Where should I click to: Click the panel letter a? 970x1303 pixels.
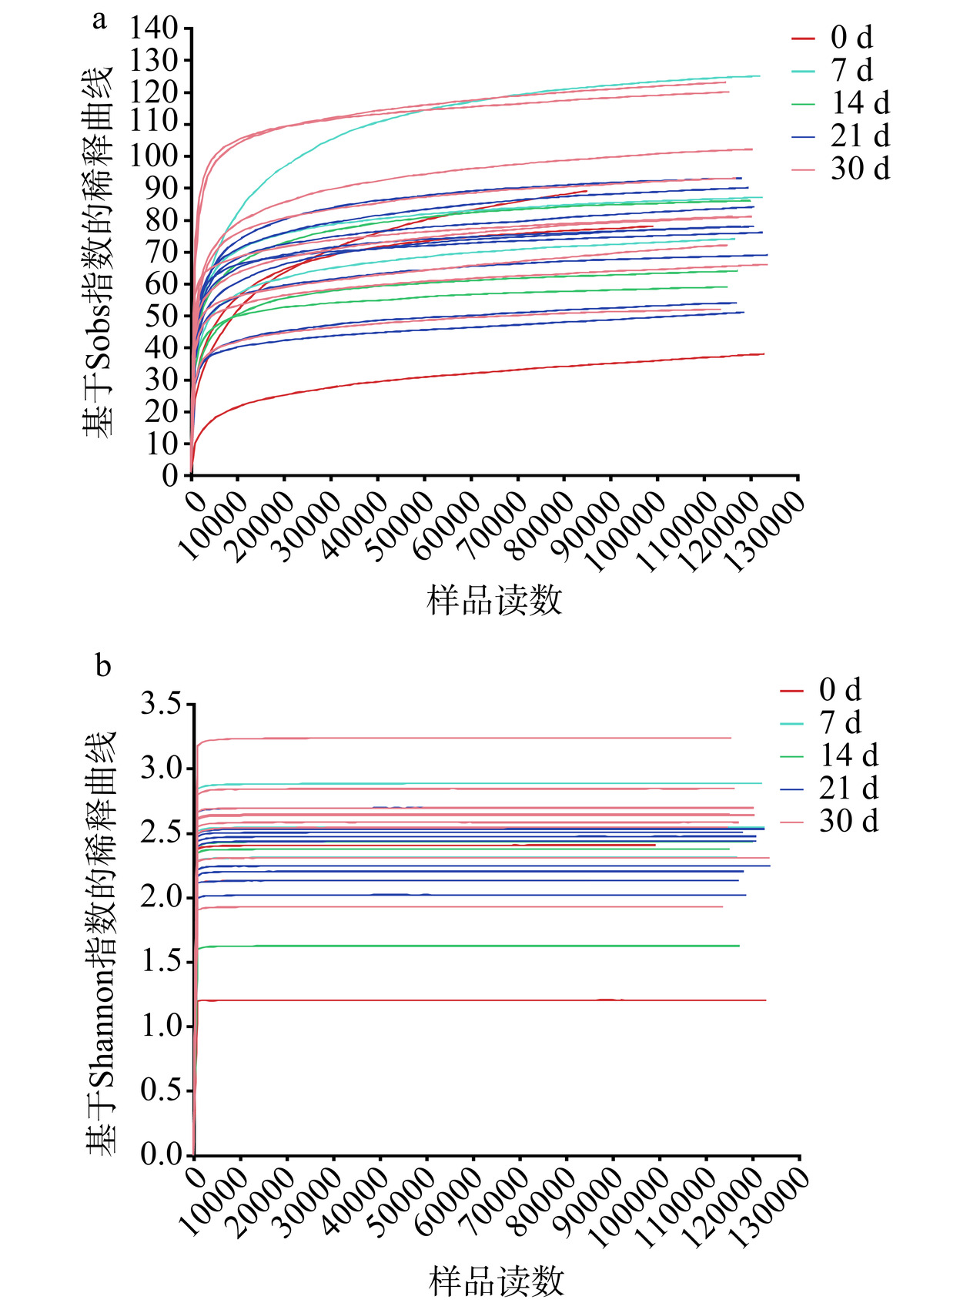tap(99, 19)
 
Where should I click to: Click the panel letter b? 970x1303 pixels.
tap(103, 665)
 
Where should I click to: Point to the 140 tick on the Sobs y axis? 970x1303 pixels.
tap(154, 28)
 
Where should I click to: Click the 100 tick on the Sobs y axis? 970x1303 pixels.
tap(154, 156)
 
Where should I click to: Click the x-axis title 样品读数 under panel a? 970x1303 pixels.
tap(495, 600)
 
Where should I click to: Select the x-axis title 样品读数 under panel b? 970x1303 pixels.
tap(497, 1281)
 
